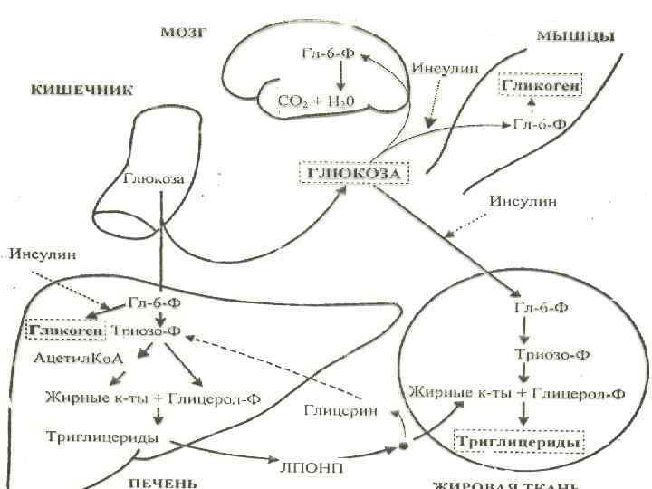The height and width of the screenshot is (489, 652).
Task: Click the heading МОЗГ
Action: click(x=185, y=33)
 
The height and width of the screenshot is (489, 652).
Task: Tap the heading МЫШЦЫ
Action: click(x=575, y=36)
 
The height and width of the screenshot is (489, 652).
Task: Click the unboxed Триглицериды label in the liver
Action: click(x=102, y=437)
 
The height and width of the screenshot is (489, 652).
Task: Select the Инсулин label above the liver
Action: click(x=43, y=254)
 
